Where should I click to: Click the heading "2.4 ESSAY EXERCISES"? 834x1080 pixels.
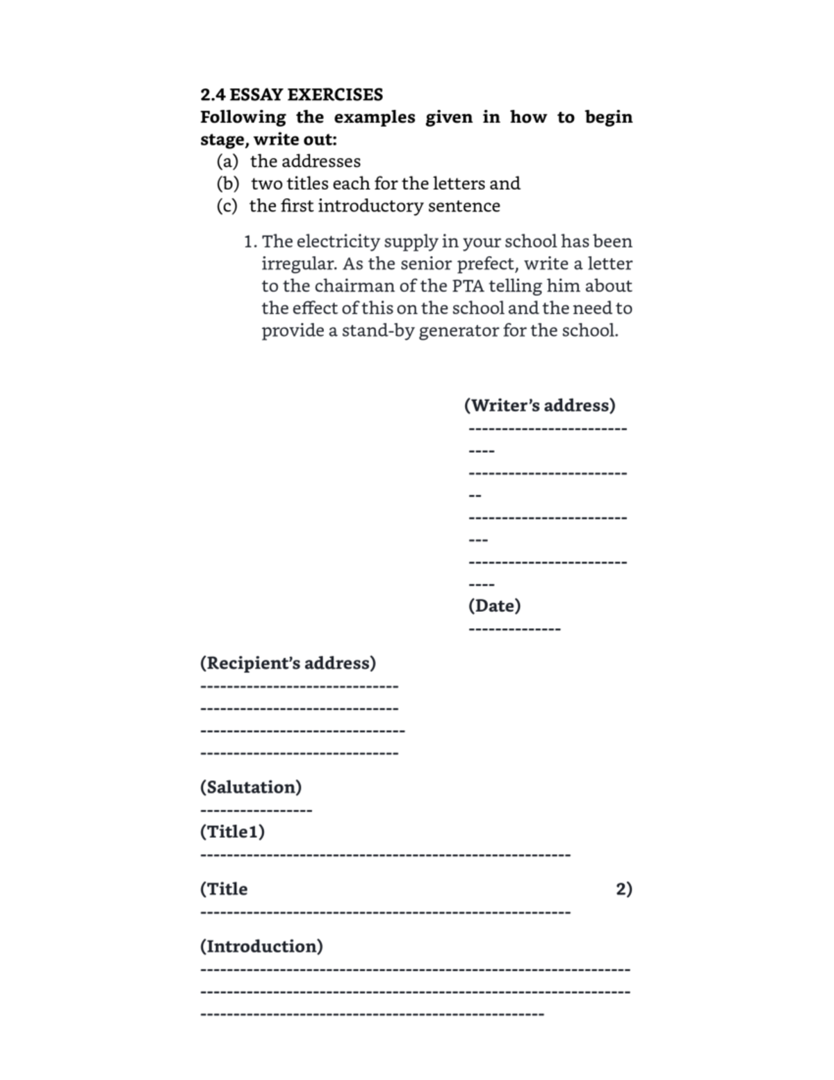click(291, 95)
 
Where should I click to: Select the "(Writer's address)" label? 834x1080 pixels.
click(539, 405)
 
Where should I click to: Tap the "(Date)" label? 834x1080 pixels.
click(494, 606)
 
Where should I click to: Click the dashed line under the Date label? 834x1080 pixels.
click(514, 630)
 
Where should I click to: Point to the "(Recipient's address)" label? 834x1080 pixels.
click(288, 663)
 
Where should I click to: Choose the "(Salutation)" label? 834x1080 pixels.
click(251, 787)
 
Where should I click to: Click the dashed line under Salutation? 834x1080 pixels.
click(256, 811)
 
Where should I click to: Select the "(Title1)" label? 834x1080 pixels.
click(232, 832)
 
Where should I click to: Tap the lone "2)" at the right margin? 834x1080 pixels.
click(623, 889)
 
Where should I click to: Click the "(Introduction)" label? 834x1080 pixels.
click(261, 946)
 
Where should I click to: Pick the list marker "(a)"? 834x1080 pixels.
click(227, 161)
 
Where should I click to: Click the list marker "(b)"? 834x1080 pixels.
click(228, 184)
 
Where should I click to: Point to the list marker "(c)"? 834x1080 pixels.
click(227, 206)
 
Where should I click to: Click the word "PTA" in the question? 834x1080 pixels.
click(469, 286)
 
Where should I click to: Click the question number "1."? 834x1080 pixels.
click(250, 242)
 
